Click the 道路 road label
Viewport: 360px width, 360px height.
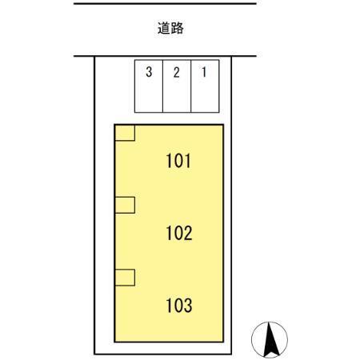[170, 28]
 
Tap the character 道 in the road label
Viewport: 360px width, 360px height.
[164, 28]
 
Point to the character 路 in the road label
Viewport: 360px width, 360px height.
[177, 28]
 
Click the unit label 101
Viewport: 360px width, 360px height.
[178, 161]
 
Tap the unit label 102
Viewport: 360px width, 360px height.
[179, 233]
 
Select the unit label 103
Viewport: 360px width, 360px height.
[179, 306]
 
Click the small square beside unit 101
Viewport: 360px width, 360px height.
[125, 133]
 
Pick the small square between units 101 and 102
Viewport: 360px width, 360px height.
[125, 205]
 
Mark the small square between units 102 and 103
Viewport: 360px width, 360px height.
[125, 278]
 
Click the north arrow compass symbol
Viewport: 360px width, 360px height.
[270, 340]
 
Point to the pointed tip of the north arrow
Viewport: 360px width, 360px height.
[270, 322]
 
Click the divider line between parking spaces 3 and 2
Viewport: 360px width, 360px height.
[162, 86]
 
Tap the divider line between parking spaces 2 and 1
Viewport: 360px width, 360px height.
[191, 86]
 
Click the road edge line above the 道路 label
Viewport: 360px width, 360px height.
[165, 4]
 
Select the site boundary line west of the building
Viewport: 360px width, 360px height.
[94, 206]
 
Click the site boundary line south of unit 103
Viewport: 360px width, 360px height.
[163, 354]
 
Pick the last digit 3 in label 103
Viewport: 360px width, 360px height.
[188, 306]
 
